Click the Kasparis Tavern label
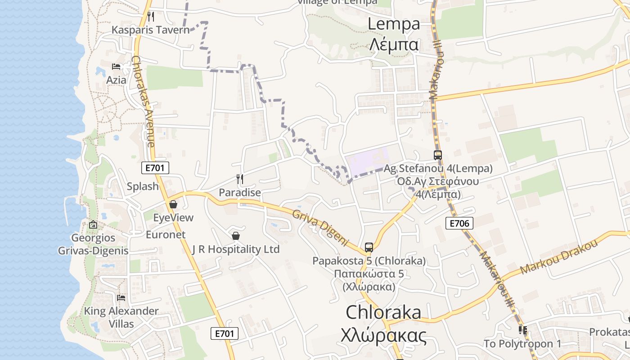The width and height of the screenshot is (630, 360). click(151, 30)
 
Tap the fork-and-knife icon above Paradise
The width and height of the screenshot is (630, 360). click(240, 179)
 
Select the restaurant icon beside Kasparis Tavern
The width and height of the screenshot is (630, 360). click(151, 17)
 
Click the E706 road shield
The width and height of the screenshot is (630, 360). click(459, 223)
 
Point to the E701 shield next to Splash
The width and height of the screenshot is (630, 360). click(155, 168)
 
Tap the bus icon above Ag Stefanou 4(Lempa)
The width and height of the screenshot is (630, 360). click(438, 155)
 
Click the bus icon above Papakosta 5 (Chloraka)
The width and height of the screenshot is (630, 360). click(369, 247)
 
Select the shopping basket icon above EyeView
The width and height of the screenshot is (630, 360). click(173, 204)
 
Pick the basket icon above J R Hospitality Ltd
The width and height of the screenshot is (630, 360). click(235, 236)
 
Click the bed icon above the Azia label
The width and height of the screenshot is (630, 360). click(116, 67)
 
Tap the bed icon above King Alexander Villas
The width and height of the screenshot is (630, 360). click(121, 297)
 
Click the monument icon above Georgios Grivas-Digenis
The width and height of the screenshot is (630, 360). click(93, 225)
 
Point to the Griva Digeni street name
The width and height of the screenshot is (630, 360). click(320, 228)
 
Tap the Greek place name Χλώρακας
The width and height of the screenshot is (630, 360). click(383, 335)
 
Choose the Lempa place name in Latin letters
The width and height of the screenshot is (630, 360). click(394, 24)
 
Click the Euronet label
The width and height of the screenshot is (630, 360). click(166, 234)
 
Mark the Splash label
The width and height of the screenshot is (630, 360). click(143, 186)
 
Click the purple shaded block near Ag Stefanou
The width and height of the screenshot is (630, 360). click(366, 159)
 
